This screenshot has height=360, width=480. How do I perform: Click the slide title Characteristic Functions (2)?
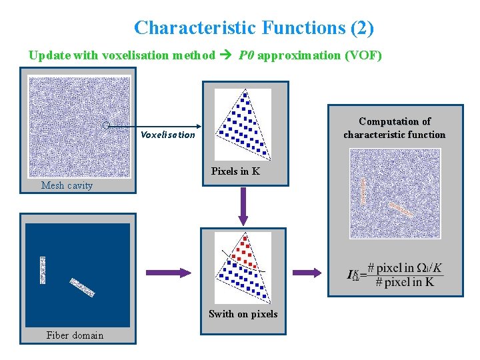[x=253, y=28]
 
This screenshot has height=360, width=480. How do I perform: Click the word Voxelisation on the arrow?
[x=167, y=135]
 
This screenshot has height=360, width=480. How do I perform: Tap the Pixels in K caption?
[x=235, y=171]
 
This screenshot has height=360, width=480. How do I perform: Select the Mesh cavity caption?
[x=67, y=185]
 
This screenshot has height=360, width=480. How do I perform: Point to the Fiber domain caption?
[x=75, y=335]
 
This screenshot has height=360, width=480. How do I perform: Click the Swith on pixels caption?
[x=243, y=313]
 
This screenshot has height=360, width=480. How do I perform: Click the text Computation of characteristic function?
[x=395, y=128]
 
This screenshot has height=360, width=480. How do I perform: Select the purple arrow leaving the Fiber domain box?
[x=167, y=272]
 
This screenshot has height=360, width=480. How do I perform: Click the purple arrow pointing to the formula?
[x=307, y=272]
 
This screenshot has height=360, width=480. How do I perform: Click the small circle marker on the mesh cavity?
[x=106, y=125]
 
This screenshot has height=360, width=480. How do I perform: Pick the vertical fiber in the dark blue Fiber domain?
[x=43, y=270]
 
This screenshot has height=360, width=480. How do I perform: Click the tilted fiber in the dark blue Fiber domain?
[x=82, y=287]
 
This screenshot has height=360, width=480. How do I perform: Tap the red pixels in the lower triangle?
[x=242, y=250]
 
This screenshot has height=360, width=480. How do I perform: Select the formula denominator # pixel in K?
[x=404, y=282]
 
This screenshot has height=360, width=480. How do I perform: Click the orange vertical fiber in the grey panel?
[x=363, y=191]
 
